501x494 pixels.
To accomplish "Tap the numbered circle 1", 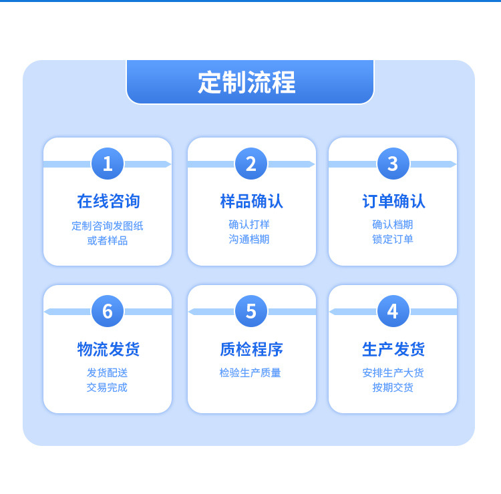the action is [108, 164].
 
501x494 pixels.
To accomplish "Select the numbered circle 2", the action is [251, 164].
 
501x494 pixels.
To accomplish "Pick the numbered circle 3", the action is [393, 164].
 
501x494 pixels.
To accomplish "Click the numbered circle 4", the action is [393, 311].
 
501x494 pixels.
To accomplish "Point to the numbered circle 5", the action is [251, 311].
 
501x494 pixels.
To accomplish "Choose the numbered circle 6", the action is [108, 311].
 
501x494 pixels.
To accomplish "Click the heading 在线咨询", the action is [108, 201].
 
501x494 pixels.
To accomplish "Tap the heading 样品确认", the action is [251, 201].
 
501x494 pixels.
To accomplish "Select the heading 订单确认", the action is [393, 201].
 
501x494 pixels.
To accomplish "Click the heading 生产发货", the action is [393, 349].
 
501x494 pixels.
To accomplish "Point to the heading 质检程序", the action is [251, 349].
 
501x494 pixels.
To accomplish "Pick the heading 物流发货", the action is [108, 349].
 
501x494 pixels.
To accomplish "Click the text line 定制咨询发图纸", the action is [108, 226].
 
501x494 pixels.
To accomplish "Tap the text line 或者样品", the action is [108, 240].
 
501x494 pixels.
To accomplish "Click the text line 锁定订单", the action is [393, 239].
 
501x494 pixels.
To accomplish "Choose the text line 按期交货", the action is [393, 387].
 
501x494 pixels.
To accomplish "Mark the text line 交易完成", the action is [107, 387].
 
